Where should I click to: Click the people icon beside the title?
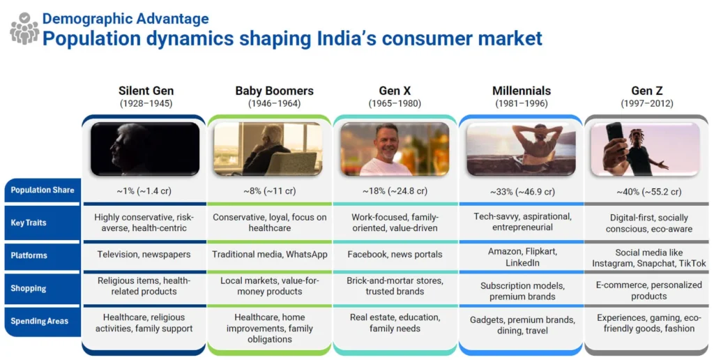[24, 28]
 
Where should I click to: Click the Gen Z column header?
[646, 91]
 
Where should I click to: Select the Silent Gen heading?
[146, 91]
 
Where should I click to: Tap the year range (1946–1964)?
[274, 104]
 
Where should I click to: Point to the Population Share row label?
[43, 190]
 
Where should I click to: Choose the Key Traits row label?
[28, 223]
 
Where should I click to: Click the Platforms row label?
[29, 255]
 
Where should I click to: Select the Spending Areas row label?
[40, 321]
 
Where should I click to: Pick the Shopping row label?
[28, 288]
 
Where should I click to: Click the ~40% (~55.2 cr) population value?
[649, 192]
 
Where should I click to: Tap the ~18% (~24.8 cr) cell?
[395, 191]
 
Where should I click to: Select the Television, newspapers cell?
[144, 254]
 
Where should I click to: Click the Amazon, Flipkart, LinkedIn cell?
[522, 257]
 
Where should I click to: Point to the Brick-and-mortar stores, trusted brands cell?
[395, 286]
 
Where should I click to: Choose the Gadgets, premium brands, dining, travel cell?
[522, 325]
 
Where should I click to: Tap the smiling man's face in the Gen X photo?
[386, 141]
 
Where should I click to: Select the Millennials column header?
[522, 91]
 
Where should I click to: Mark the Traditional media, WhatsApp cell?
[270, 254]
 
